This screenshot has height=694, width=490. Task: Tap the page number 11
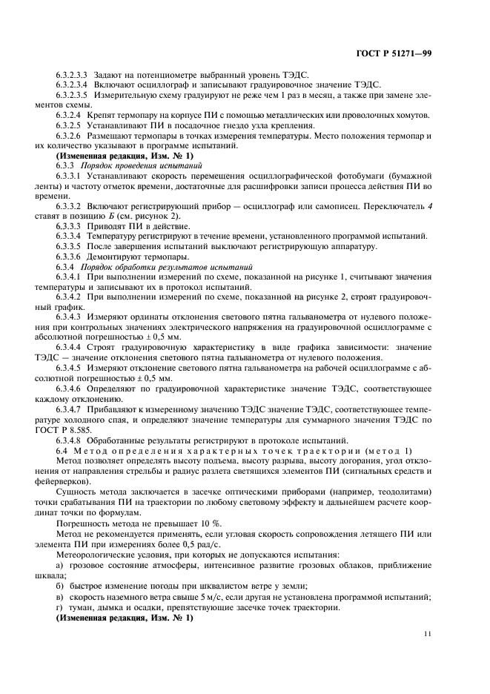(427, 633)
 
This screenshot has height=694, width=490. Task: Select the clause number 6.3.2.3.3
(72, 76)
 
